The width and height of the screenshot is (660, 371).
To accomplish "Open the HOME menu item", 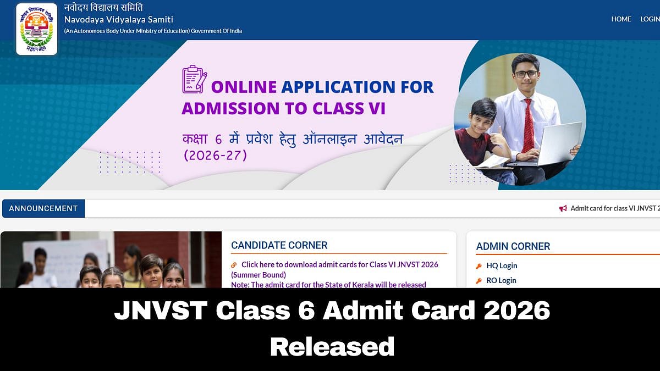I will tap(621, 19).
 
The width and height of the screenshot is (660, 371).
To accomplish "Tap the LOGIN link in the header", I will tap(650, 19).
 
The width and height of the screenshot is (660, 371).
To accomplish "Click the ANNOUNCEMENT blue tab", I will tap(43, 208).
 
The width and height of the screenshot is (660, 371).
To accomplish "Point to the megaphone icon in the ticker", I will tap(563, 208).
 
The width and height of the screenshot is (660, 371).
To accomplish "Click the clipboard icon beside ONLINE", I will tap(194, 80).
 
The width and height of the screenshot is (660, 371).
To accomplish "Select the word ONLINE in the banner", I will tap(244, 87).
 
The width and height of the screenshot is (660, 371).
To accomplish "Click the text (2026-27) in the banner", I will tap(215, 156).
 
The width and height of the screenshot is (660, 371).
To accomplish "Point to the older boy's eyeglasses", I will tap(525, 74).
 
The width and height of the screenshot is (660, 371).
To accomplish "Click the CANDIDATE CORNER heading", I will tap(279, 245).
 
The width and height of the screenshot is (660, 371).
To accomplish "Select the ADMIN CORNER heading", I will tap(513, 246).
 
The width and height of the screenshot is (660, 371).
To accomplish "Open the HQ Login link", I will tap(502, 265).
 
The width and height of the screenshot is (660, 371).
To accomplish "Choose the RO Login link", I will tap(501, 280).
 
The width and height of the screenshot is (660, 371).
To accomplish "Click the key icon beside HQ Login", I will tap(479, 266).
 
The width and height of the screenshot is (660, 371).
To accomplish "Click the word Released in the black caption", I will tap(332, 347).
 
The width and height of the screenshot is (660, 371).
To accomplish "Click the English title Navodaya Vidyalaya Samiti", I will tap(118, 19).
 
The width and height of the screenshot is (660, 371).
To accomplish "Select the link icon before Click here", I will tap(234, 265).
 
